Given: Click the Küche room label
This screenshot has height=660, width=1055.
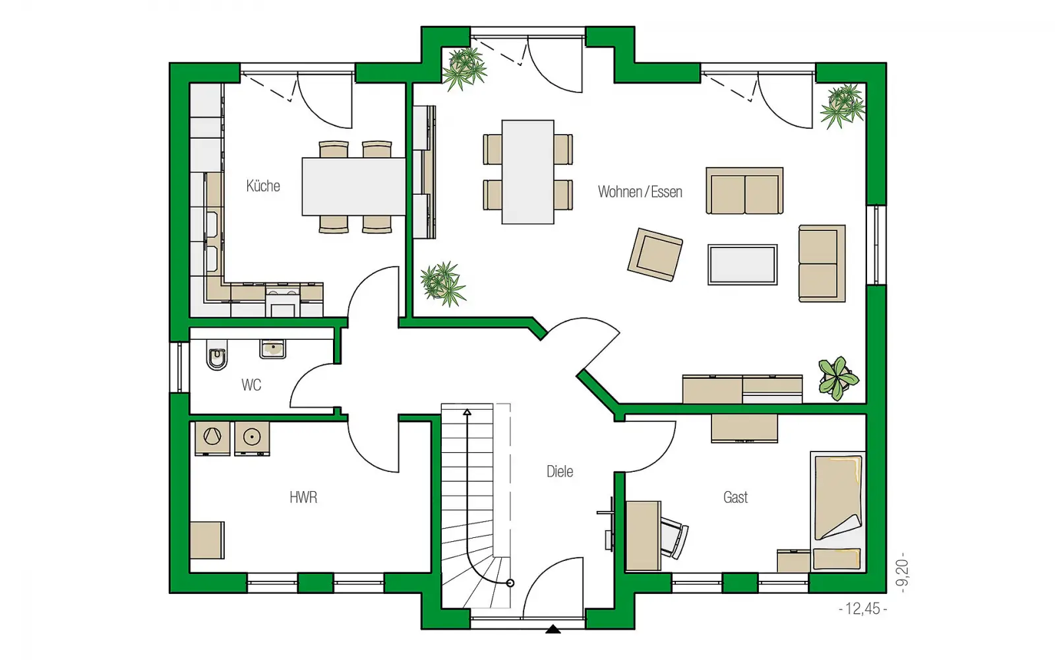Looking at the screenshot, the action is pyautogui.click(x=263, y=185).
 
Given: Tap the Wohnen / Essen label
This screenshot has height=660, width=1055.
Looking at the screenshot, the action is pyautogui.click(x=640, y=192).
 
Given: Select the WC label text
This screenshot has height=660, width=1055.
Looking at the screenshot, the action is pyautogui.click(x=251, y=385).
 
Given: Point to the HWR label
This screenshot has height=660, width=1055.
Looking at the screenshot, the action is pyautogui.click(x=303, y=498).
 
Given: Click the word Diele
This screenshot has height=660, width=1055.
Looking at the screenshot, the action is pyautogui.click(x=560, y=471).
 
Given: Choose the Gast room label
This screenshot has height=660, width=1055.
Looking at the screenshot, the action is pyautogui.click(x=735, y=498).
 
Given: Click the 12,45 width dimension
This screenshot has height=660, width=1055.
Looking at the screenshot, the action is pyautogui.click(x=863, y=609).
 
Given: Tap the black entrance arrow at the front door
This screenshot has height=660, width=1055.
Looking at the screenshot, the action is pyautogui.click(x=553, y=629).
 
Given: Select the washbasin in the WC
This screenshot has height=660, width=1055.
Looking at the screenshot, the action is pyautogui.click(x=272, y=349).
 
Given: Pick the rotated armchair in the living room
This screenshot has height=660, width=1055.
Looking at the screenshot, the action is pyautogui.click(x=655, y=255).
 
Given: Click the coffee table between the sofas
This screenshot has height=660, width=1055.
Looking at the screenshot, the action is pyautogui.click(x=742, y=265).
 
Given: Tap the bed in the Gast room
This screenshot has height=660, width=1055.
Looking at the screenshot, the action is pyautogui.click(x=838, y=511).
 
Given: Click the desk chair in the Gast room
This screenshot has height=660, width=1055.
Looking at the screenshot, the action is pyautogui.click(x=675, y=537).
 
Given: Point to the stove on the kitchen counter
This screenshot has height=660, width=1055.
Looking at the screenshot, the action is pyautogui.click(x=283, y=301).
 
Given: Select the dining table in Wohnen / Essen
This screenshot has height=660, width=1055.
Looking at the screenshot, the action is pyautogui.click(x=527, y=172).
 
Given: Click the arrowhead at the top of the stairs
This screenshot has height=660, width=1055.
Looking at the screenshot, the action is pyautogui.click(x=467, y=412).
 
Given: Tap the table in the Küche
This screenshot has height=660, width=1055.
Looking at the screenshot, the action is pyautogui.click(x=353, y=187).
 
